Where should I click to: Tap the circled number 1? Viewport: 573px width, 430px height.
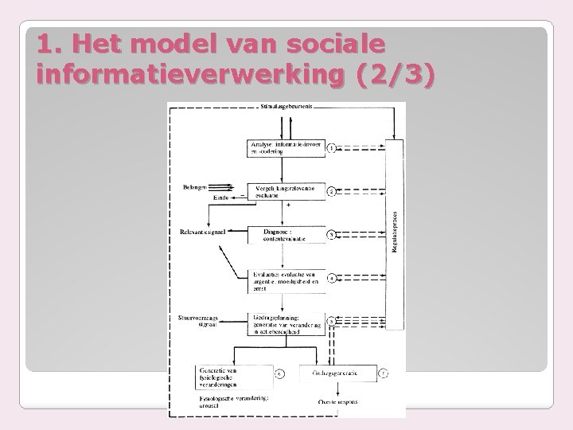(331, 147)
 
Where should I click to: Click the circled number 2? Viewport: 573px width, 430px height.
(331, 192)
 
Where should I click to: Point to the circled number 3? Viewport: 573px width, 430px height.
(331, 235)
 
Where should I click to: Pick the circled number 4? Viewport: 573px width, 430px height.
(331, 278)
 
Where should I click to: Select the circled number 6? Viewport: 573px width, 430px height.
(279, 373)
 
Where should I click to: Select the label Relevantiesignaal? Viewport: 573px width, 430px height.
(203, 233)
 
